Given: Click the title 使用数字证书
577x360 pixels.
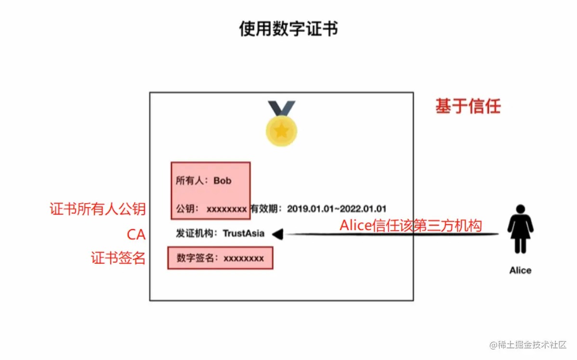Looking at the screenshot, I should tap(288, 29).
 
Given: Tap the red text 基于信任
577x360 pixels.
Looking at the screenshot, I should tap(468, 106).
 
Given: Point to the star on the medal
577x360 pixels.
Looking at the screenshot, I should tap(281, 130).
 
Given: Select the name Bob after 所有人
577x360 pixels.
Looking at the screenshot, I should tap(223, 181).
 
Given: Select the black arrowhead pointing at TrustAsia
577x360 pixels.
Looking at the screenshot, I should tap(277, 234).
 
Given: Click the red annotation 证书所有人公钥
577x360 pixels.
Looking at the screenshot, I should tap(97, 209).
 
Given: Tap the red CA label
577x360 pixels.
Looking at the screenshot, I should tap(136, 234).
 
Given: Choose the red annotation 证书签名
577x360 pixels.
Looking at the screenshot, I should tap(118, 258).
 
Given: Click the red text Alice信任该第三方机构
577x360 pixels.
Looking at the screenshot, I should tap(410, 225).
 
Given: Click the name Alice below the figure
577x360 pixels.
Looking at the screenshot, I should tap(520, 270).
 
